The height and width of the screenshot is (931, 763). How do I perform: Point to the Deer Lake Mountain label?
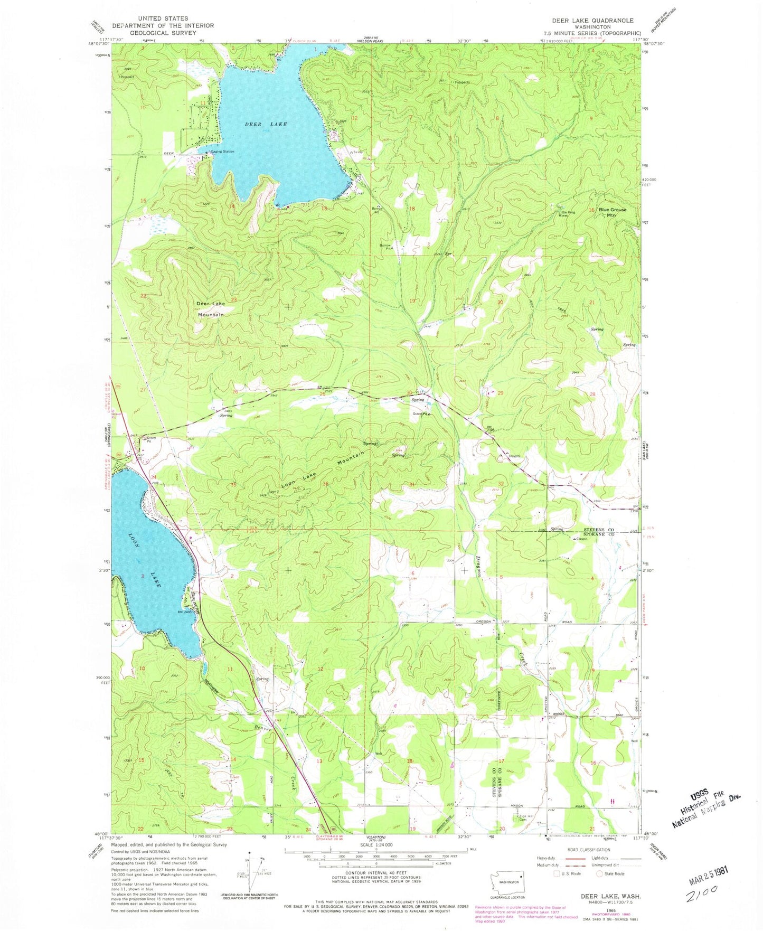click(x=211, y=309)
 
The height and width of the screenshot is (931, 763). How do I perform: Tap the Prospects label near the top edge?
click(x=459, y=82)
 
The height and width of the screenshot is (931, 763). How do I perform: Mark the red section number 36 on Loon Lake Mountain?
click(x=326, y=484)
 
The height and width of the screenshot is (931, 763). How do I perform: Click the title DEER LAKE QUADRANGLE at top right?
click(x=592, y=20)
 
